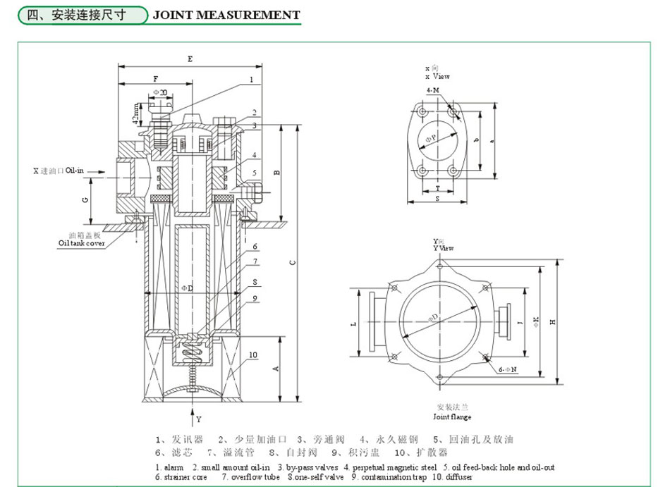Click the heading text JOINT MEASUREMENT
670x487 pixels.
pos(226,14)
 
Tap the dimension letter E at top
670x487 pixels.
pos(190,59)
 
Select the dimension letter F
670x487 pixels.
pos(155,79)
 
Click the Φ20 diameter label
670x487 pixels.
pos(160,92)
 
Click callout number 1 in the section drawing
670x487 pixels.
pos(250,80)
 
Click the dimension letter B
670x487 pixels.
pos(277,172)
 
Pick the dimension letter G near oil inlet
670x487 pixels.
pos(85,200)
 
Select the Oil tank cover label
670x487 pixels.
pos(81,243)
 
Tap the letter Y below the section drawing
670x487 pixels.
pos(198,419)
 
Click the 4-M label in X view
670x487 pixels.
pos(432,91)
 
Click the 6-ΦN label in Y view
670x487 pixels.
pos(508,368)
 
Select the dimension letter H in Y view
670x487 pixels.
pos(553,321)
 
